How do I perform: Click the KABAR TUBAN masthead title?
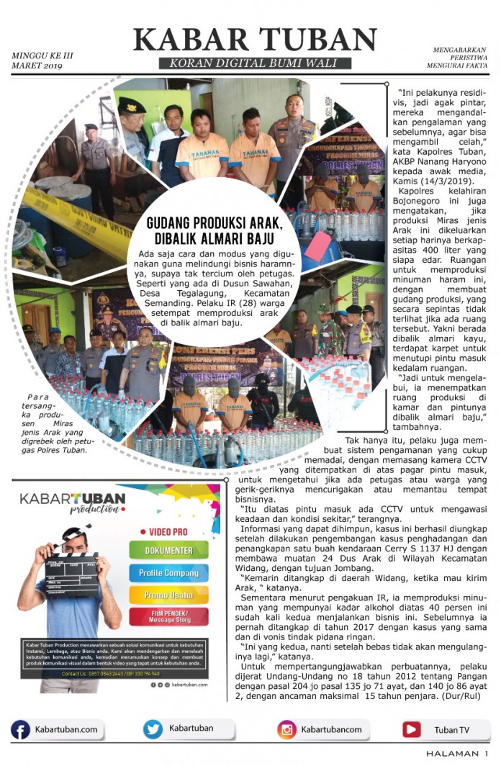[x=255, y=40]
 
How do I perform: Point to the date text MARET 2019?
[x=37, y=66]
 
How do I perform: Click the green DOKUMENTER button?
[x=168, y=550]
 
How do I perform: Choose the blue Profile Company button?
[x=168, y=573]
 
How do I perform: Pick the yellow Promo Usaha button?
[x=168, y=595]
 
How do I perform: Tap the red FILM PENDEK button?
[x=168, y=617]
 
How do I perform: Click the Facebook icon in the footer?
[x=20, y=729]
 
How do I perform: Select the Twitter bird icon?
[x=153, y=729]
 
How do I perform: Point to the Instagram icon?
[x=286, y=729]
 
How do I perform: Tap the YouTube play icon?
[x=412, y=729]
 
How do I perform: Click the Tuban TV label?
[x=451, y=730]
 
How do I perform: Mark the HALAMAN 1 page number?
[x=458, y=753]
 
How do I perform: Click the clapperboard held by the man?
[x=71, y=573]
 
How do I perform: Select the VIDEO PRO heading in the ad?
[x=168, y=531]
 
